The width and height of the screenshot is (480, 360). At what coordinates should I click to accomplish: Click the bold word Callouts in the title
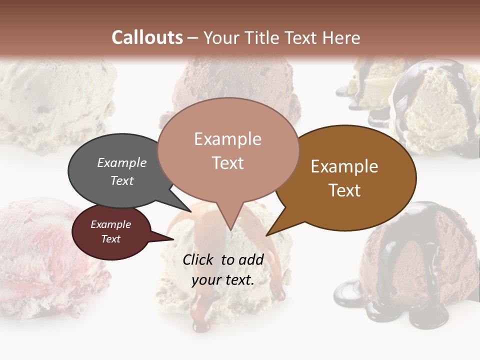(x=147, y=37)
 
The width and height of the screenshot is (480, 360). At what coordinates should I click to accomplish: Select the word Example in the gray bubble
(x=122, y=162)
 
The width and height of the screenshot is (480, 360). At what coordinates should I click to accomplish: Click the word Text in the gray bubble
(x=122, y=180)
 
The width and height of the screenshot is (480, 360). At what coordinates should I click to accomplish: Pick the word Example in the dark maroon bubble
(x=111, y=224)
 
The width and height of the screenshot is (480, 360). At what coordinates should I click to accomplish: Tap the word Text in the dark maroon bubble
(x=111, y=239)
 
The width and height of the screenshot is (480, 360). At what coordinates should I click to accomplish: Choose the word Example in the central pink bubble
(x=228, y=139)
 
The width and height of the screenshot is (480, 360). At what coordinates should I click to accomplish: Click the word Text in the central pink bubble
(x=228, y=163)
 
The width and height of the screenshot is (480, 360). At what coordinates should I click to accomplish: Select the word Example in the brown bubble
(x=344, y=166)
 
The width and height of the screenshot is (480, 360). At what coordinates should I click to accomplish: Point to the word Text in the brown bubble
(x=344, y=190)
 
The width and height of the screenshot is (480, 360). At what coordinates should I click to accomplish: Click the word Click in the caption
(x=199, y=259)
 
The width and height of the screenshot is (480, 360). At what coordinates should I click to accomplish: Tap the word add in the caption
(x=251, y=259)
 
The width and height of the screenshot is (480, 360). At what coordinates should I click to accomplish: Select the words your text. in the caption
(x=223, y=280)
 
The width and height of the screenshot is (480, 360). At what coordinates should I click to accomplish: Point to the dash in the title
(x=193, y=38)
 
